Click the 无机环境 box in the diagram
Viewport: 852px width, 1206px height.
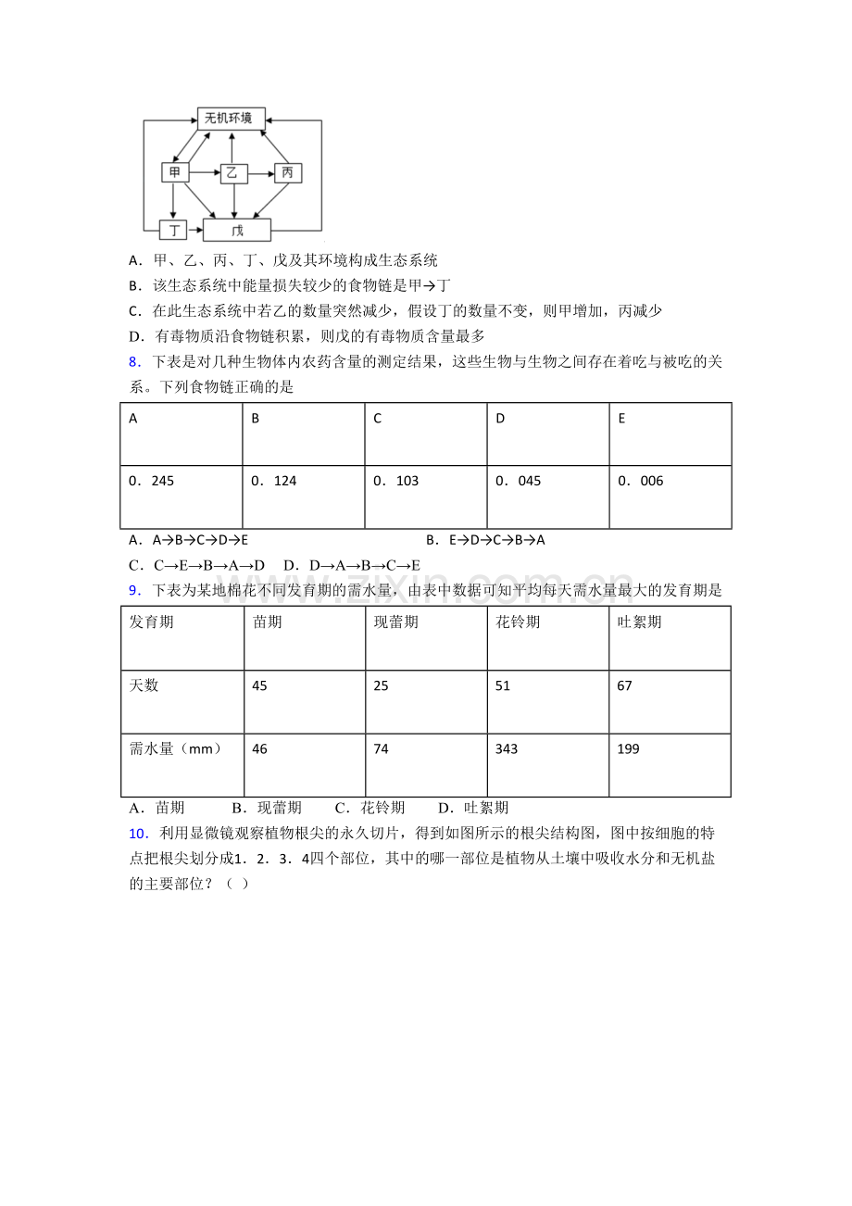[x=232, y=118]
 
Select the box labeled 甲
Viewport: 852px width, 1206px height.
[x=175, y=172]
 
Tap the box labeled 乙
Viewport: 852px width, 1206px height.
[x=232, y=172]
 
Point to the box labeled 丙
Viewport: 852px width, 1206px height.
[x=287, y=172]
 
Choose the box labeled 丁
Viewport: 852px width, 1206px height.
[x=173, y=229]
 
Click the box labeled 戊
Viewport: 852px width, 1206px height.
[x=237, y=230]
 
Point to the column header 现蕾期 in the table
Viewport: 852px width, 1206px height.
[x=395, y=622]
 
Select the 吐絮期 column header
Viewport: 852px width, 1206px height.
[x=639, y=622]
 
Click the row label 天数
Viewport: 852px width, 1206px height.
[x=144, y=685]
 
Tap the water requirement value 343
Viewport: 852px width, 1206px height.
[x=507, y=748]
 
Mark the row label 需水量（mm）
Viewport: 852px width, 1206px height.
[x=176, y=748]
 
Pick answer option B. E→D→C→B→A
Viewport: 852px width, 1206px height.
[x=485, y=540]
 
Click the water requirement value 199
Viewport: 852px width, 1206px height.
[x=629, y=748]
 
